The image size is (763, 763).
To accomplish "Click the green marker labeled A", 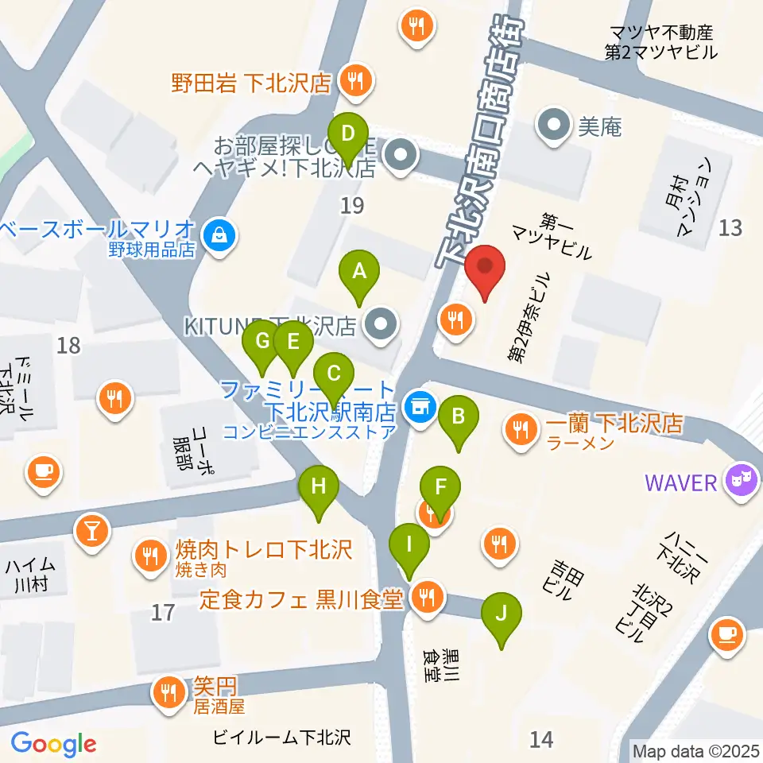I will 359,273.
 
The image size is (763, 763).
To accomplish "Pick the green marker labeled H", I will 319,487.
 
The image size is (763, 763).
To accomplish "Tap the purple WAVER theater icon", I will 743,482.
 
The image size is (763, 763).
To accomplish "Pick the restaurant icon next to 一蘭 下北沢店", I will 521,430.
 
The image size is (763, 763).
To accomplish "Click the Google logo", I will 53,744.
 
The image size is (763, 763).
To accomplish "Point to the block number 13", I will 730,228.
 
